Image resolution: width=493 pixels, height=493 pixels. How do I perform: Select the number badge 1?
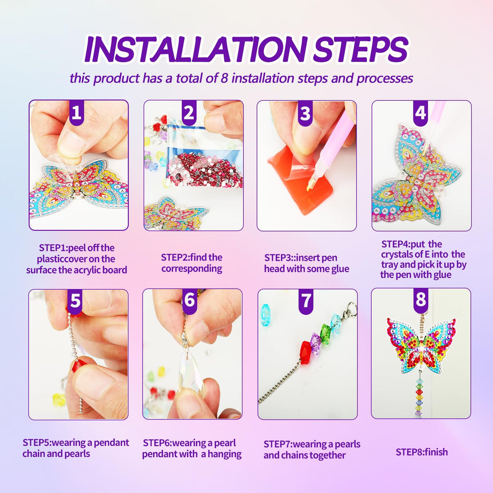76,112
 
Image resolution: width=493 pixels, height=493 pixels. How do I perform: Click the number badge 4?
421,112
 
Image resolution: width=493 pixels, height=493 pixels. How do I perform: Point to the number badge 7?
306,301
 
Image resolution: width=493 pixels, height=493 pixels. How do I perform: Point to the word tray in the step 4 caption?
389,265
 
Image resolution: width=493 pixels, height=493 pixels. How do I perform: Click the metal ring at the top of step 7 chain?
352,306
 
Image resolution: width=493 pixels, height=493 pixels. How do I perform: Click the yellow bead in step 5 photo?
59,400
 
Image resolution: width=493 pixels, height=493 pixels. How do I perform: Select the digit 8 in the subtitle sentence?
224,78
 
